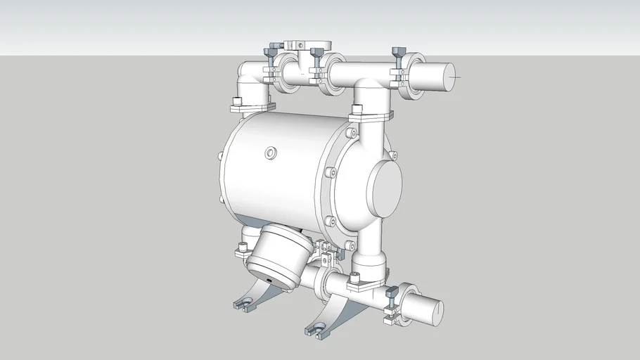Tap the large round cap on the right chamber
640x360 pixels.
(383, 188)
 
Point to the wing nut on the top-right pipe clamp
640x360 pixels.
(397, 53)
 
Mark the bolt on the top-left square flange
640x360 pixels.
(237, 102)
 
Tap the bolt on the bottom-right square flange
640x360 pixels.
(354, 275)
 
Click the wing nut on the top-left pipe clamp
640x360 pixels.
(271, 53)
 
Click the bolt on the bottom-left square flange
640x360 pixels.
(243, 246)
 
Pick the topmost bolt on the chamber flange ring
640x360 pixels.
(352, 131)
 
